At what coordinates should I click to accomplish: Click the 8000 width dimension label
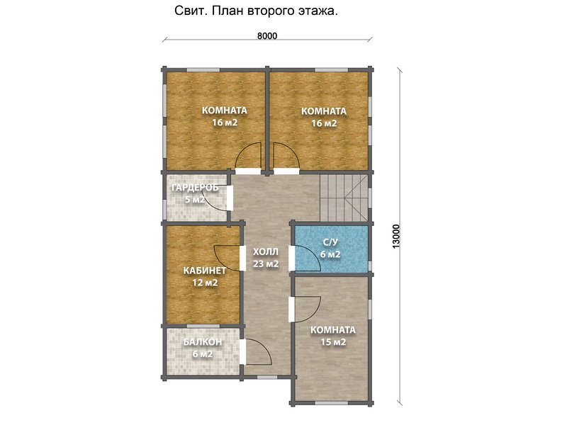[267, 36]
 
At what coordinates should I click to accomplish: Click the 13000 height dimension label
[396, 237]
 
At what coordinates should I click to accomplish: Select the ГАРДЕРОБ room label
[195, 188]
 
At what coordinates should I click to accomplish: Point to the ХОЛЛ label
[266, 251]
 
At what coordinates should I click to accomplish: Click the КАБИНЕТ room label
[205, 271]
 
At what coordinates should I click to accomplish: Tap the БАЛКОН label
[203, 342]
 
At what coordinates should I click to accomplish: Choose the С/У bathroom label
[330, 242]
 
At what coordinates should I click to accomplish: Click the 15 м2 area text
[333, 342]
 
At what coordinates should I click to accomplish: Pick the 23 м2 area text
[266, 263]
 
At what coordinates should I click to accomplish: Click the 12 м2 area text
[205, 283]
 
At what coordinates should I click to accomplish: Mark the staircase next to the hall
[344, 198]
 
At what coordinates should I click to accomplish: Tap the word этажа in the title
[318, 11]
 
